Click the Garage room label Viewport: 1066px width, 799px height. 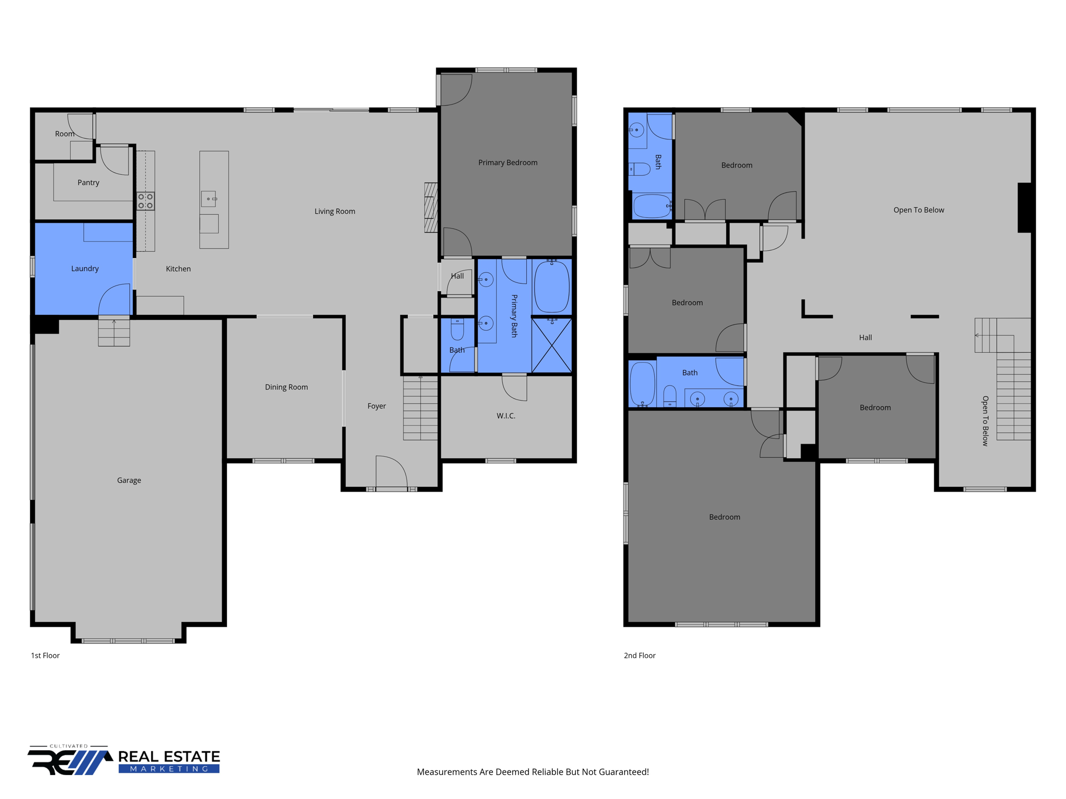(129, 480)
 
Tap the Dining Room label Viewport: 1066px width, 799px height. (286, 387)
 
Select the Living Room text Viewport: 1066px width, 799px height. (335, 211)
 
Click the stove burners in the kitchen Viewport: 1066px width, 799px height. (145, 201)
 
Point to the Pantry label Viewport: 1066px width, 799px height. (88, 183)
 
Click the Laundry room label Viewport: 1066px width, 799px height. (85, 268)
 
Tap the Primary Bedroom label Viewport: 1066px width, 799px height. (507, 163)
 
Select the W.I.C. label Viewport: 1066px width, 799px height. (505, 416)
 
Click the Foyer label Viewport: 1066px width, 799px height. (376, 406)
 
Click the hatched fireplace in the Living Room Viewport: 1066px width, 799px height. (430, 208)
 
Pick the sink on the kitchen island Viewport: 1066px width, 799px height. (208, 199)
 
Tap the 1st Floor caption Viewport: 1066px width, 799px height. (45, 655)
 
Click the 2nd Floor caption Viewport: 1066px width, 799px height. (639, 655)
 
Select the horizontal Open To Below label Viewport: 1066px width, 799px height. (918, 210)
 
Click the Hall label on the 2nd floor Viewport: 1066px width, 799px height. (865, 338)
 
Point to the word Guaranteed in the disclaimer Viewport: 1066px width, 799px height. (622, 772)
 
